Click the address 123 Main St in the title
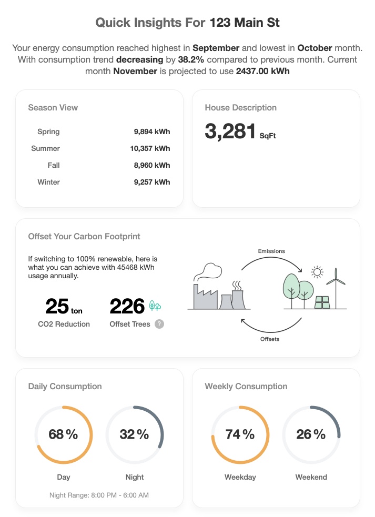(x=245, y=23)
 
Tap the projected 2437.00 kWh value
(x=263, y=71)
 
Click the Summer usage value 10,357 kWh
(x=150, y=148)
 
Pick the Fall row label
(x=53, y=165)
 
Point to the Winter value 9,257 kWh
(x=151, y=182)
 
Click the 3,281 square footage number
(x=230, y=131)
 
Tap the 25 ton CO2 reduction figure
(x=57, y=306)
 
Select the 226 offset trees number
(x=127, y=306)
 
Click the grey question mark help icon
(x=159, y=324)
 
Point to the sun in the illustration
(x=317, y=271)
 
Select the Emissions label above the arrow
(x=271, y=251)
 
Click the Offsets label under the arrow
(x=270, y=339)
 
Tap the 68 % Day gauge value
(x=63, y=434)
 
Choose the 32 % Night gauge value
(x=134, y=434)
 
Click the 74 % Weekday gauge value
(x=240, y=434)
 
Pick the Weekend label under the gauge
(x=311, y=477)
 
